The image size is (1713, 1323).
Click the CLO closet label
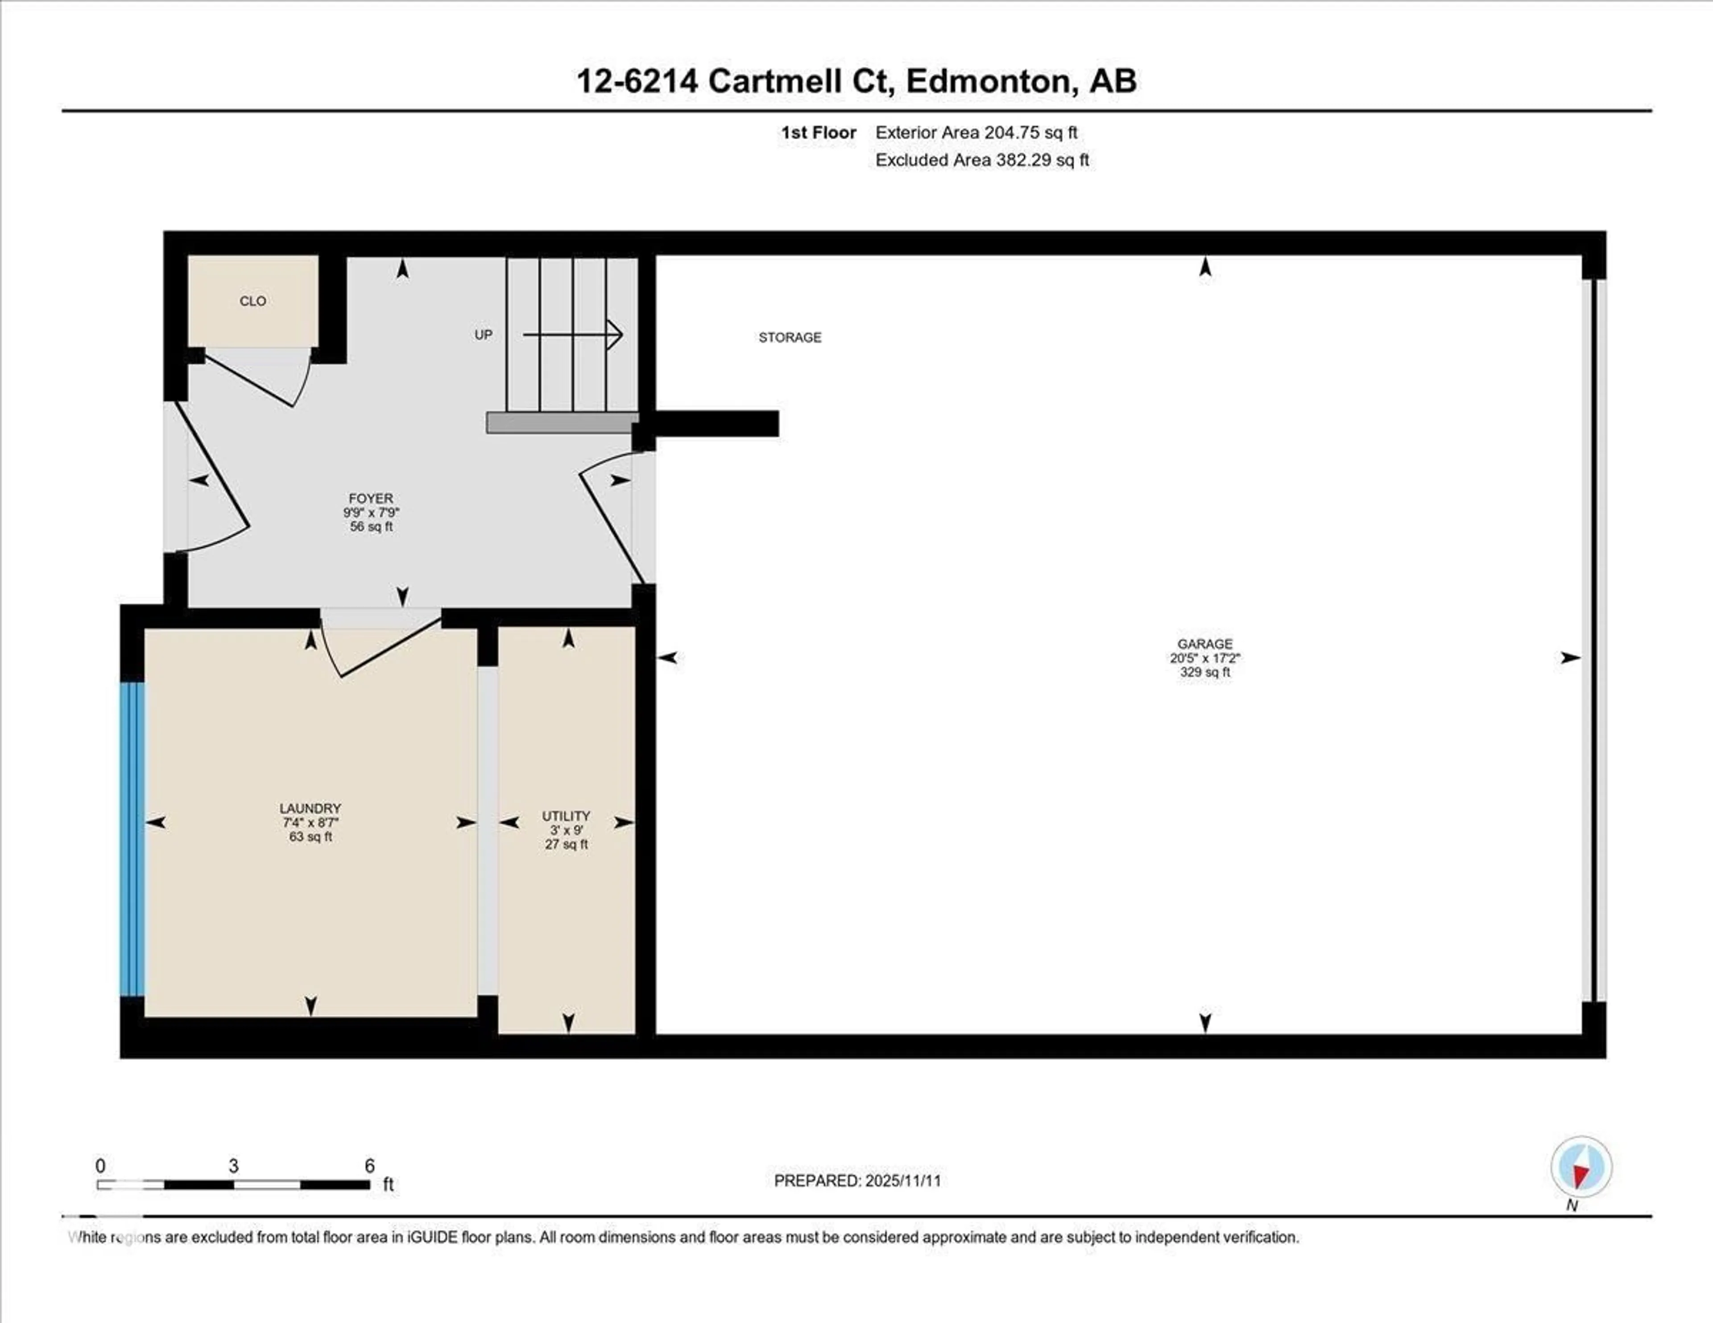(252, 301)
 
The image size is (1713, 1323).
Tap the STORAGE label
(790, 337)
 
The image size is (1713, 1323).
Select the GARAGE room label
(1205, 644)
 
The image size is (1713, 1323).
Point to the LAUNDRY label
(310, 809)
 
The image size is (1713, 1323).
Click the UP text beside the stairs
(483, 335)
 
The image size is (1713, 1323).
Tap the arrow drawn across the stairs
(573, 335)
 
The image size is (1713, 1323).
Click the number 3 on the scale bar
(233, 1166)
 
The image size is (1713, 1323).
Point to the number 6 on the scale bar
(369, 1166)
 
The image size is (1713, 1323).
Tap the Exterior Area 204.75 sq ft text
(976, 132)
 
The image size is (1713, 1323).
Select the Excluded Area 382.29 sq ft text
(982, 160)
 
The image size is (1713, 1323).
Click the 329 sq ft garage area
(1205, 672)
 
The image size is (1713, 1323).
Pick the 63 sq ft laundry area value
(310, 837)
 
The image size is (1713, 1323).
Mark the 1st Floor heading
(818, 132)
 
